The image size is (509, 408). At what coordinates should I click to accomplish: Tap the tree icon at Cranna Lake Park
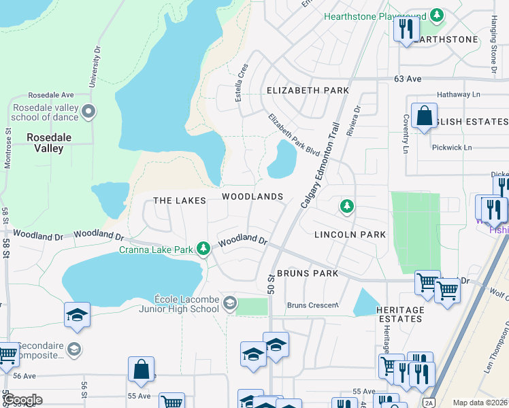coord(203,249)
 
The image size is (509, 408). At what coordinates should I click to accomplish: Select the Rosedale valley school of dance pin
coord(88,112)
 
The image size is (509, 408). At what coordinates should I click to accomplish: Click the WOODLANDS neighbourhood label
coord(252,197)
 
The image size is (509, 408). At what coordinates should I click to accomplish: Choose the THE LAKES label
coord(180,201)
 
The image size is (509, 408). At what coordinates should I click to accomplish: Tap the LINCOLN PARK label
coord(350,235)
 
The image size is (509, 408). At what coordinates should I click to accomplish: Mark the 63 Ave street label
coord(408,79)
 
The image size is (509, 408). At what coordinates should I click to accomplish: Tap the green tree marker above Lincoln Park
coord(347,205)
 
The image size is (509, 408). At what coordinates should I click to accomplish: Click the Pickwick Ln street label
coord(451,148)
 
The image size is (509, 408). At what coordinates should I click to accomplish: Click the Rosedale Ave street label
coord(50,95)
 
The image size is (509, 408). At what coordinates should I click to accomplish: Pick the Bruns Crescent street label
coord(312,305)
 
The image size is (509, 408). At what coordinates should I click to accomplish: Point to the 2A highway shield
coord(428,402)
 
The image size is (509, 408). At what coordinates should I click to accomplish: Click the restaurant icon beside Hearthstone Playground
coord(406,29)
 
